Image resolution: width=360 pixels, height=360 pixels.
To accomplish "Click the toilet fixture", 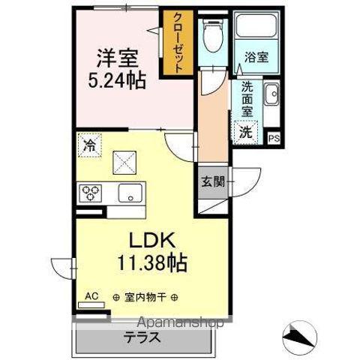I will (213, 34).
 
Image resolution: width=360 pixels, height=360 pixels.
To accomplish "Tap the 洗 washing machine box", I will (246, 132).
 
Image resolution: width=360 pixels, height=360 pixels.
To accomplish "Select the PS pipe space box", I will (273, 137).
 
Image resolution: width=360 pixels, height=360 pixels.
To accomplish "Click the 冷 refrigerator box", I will (89, 142).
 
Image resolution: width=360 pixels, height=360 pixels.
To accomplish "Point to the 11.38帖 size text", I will (151, 264).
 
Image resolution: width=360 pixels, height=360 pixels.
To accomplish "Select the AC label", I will (91, 295).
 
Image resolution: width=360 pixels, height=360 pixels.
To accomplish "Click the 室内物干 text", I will (145, 297).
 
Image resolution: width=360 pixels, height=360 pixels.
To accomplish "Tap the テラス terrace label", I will (142, 336).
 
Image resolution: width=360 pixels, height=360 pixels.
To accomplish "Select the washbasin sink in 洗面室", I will (271, 96).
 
